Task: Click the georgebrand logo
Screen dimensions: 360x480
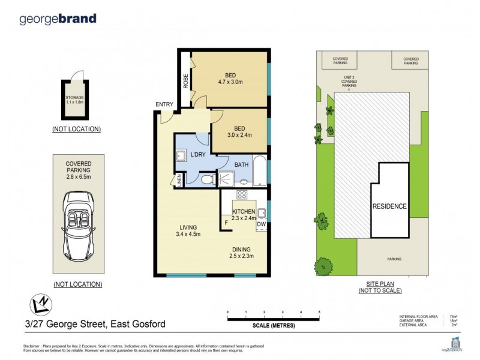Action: click(58, 18)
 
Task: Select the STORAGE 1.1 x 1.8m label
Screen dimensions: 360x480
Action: click(75, 99)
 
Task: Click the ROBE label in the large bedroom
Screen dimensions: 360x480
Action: click(185, 81)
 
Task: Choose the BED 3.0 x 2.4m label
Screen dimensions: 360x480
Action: click(238, 131)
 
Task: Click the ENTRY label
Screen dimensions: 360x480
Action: click(164, 104)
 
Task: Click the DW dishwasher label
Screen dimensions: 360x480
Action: click(261, 224)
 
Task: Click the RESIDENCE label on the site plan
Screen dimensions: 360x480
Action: click(389, 206)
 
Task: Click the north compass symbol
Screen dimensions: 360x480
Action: click(39, 305)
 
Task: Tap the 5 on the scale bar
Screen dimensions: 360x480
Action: click(319, 313)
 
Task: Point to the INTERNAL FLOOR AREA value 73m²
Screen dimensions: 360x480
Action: click(454, 316)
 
